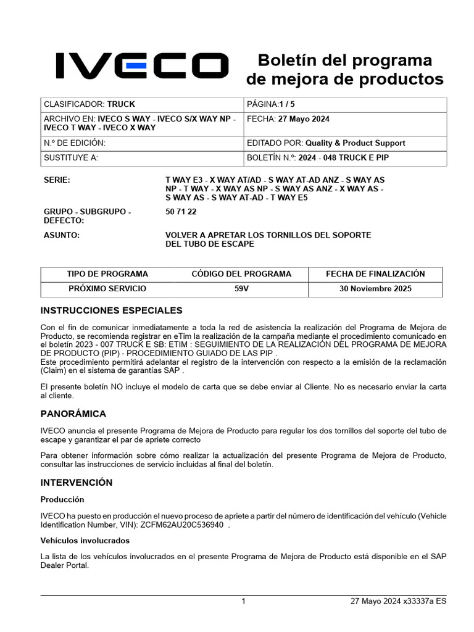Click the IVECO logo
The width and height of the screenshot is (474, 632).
coord(142,66)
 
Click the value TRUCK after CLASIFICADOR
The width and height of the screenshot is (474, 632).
coord(121,104)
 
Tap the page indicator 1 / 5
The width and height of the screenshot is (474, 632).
coord(291,104)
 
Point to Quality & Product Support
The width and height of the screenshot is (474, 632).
coord(355,143)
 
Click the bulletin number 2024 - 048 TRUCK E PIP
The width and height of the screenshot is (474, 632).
coord(344,157)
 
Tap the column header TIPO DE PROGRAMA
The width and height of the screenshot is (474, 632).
coord(107,274)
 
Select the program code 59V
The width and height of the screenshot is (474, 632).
coord(241,289)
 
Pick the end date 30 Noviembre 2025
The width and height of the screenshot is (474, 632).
coord(376,289)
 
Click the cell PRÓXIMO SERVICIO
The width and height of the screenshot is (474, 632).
coord(107,289)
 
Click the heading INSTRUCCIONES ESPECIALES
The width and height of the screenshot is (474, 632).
coord(111,310)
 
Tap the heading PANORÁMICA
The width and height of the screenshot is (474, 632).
coord(73,414)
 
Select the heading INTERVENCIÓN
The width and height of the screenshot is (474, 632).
coord(77,482)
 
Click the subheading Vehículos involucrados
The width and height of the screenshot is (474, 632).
coord(85,540)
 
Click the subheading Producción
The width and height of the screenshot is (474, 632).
coord(62,499)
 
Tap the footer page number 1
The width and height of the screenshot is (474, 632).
coord(244,601)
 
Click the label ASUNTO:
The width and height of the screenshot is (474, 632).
coord(62,235)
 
